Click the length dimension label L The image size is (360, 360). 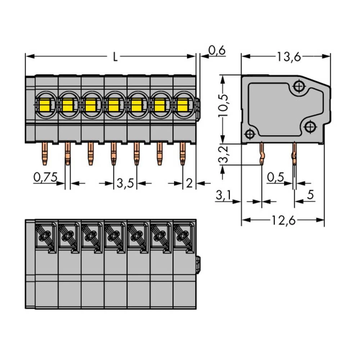[x=115, y=57]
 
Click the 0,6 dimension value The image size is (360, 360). [x=217, y=51]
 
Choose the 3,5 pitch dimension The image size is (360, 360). [x=125, y=184]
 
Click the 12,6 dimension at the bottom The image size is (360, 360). [x=283, y=220]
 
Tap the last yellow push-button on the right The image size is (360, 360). [x=183, y=105]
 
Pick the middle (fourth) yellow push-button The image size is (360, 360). [x=113, y=105]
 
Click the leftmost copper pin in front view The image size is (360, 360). [x=44, y=153]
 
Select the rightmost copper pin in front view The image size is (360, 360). [x=183, y=153]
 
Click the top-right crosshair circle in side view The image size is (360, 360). [x=299, y=86]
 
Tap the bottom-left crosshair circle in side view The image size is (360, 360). [x=249, y=134]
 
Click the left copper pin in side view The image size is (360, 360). [x=262, y=153]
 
